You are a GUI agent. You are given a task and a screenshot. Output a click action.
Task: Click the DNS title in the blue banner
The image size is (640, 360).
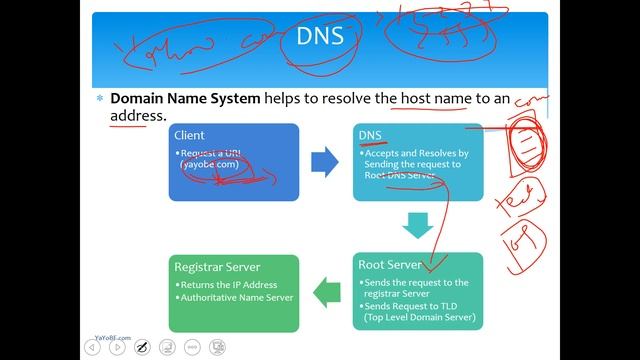(x=320, y=38)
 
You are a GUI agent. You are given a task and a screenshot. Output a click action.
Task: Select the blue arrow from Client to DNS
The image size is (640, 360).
(x=324, y=161)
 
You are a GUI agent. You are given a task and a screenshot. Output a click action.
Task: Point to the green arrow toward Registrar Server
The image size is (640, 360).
(x=327, y=292)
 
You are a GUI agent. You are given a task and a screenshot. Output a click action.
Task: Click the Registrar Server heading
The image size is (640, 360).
(x=217, y=267)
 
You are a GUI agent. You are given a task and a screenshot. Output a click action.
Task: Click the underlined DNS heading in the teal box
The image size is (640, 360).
(x=370, y=134)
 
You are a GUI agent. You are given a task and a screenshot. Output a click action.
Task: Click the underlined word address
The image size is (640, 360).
(x=136, y=116)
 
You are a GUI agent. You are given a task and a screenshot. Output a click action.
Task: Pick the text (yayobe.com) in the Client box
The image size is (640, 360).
(x=210, y=163)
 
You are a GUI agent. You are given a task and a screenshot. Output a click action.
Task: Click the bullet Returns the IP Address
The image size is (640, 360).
(x=235, y=285)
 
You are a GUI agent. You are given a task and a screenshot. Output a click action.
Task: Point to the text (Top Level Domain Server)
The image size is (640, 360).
(x=419, y=318)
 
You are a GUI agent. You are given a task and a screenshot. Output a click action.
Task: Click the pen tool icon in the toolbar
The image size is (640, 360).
(x=143, y=347)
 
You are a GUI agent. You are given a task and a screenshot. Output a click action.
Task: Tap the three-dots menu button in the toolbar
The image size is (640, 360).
(x=217, y=347)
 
